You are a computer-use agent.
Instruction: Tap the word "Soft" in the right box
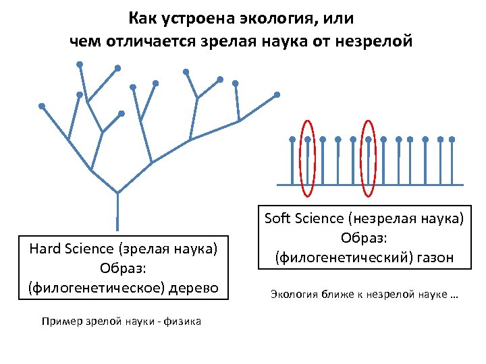[277, 218]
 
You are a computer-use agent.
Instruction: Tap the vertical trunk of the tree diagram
[117, 212]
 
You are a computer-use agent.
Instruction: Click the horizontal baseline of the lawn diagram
[371, 184]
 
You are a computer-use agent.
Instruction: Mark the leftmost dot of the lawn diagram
[292, 140]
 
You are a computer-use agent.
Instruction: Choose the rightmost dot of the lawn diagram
[452, 140]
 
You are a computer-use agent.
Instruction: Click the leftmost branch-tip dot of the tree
[42, 106]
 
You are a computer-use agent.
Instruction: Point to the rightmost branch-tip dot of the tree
[276, 94]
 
